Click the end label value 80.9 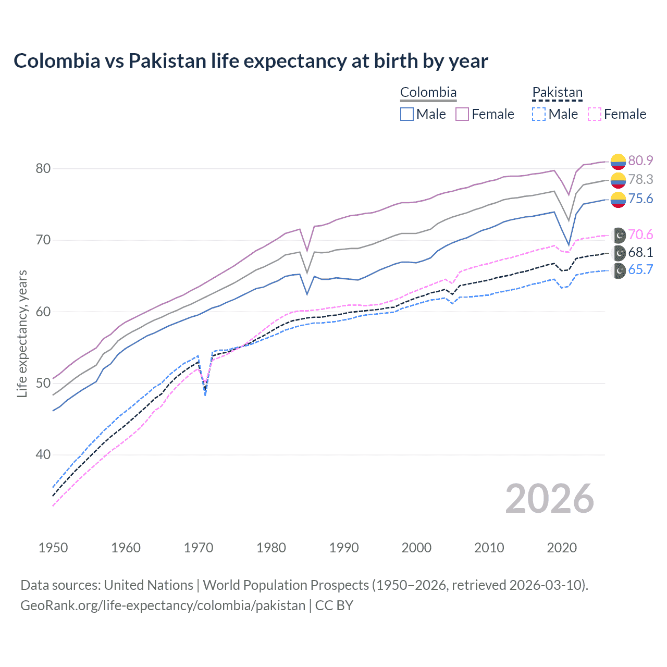click(x=640, y=160)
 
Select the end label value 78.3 click(x=640, y=179)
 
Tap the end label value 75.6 click(x=640, y=199)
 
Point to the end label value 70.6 click(x=640, y=234)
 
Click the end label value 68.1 click(x=640, y=253)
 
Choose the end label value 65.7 click(x=640, y=270)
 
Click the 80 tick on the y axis click(x=43, y=168)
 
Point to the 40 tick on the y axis click(x=43, y=454)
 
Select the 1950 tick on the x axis click(x=53, y=548)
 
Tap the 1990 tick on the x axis click(x=344, y=548)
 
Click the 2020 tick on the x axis click(x=562, y=548)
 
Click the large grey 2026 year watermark click(x=550, y=499)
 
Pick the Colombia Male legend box click(x=407, y=114)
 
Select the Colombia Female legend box click(x=462, y=114)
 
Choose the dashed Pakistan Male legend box click(x=539, y=114)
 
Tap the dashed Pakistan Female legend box click(x=595, y=114)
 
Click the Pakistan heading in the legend click(x=557, y=92)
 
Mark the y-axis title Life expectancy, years click(x=22, y=333)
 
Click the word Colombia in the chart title click(x=57, y=61)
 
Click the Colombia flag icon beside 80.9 click(x=618, y=162)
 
